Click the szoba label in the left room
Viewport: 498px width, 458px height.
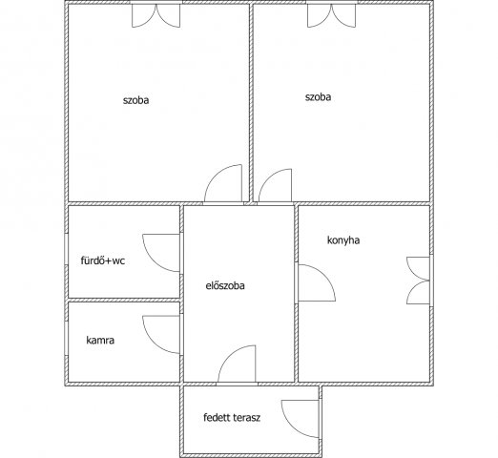(x=135, y=100)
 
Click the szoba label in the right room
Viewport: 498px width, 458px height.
(x=318, y=97)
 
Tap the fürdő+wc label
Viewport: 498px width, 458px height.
(x=103, y=260)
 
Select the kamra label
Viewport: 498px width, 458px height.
(x=100, y=341)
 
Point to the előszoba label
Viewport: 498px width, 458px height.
(x=225, y=285)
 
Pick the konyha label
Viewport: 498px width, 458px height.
(x=343, y=240)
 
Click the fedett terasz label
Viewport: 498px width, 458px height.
(x=232, y=417)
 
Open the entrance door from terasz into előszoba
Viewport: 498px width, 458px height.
(x=227, y=356)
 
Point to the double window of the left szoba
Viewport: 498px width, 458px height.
(x=156, y=16)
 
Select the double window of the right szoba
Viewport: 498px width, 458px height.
(x=332, y=16)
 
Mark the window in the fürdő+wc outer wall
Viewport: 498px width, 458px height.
(x=67, y=249)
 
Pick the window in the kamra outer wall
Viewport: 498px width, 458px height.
(x=67, y=339)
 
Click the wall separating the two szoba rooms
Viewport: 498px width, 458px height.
(x=251, y=102)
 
